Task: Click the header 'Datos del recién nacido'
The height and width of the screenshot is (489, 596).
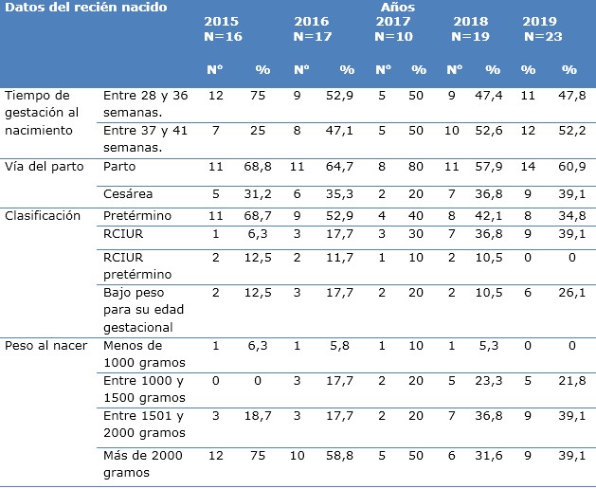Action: pyautogui.click(x=86, y=8)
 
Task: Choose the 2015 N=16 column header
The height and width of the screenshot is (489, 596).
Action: pyautogui.click(x=222, y=28)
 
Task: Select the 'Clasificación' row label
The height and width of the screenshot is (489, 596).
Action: pyautogui.click(x=44, y=216)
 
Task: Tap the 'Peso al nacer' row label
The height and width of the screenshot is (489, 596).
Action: pyautogui.click(x=46, y=345)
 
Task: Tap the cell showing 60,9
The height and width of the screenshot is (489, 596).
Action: pyautogui.click(x=569, y=167)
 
